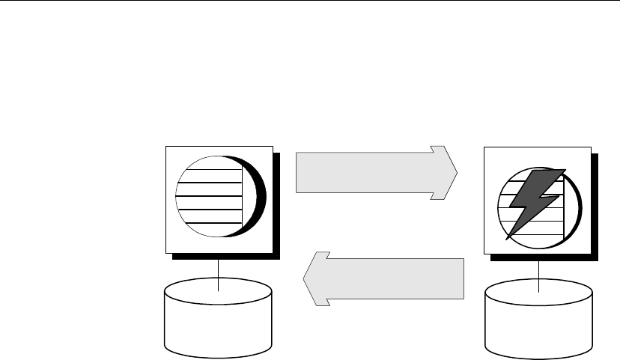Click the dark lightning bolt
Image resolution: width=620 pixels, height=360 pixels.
[x=535, y=198]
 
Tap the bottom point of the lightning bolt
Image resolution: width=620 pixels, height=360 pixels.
[x=508, y=240]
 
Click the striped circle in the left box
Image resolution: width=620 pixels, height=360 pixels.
[x=209, y=196]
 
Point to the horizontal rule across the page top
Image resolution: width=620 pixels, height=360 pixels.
[x=310, y=1]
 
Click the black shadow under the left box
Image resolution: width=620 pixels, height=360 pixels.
[x=225, y=256]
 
